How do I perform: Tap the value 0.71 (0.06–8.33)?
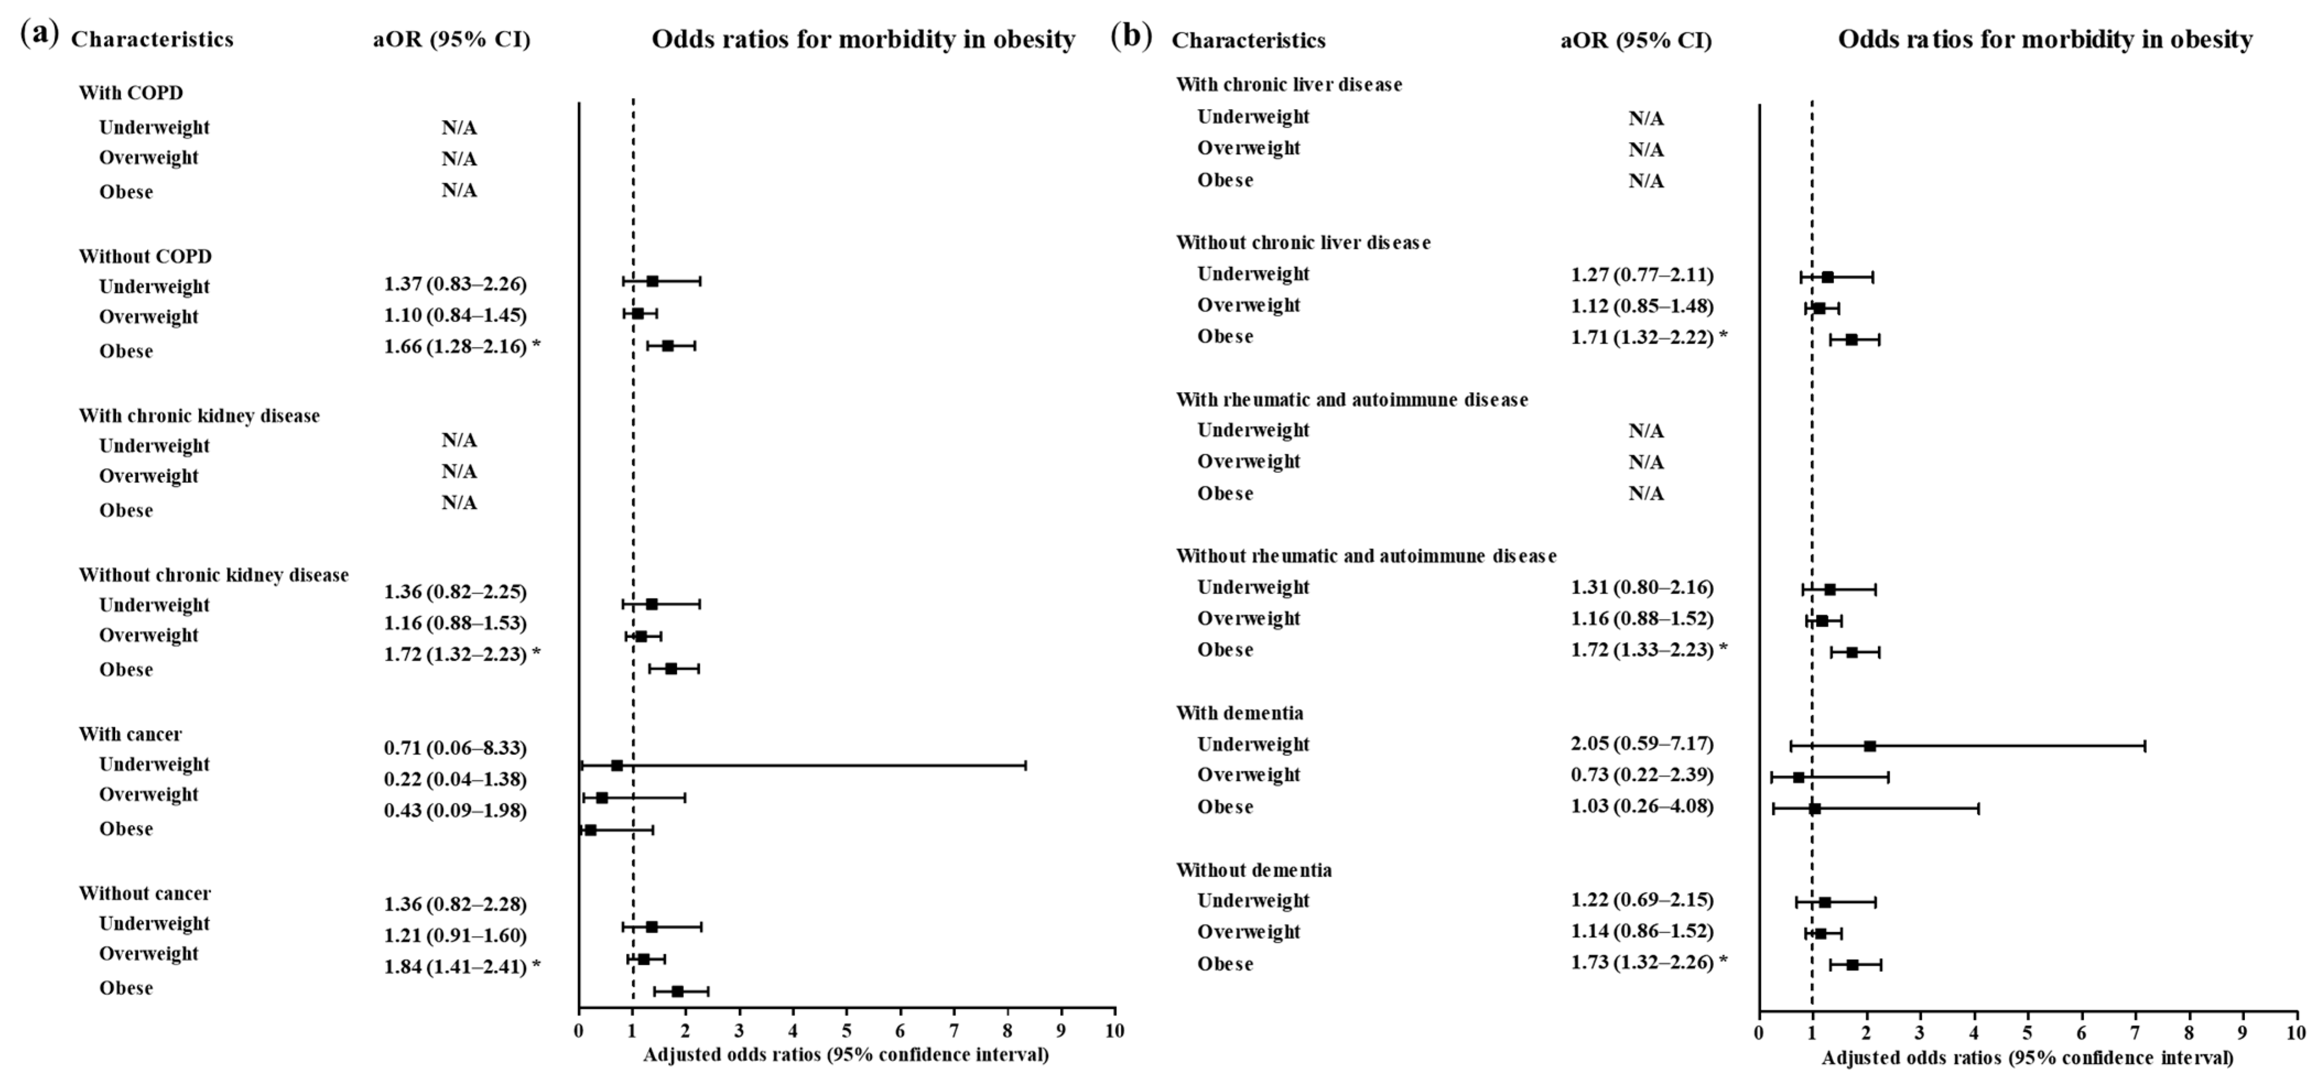click(x=455, y=748)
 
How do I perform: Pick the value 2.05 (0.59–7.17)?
click(x=1642, y=744)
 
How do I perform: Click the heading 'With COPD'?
click(x=131, y=93)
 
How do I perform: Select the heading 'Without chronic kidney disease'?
click(x=213, y=575)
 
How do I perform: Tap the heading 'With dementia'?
click(x=1239, y=713)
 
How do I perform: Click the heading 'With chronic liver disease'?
click(x=1289, y=85)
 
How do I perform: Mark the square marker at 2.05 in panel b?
click(x=1870, y=746)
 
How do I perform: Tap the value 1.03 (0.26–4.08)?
click(x=1642, y=807)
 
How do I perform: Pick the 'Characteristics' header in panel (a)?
click(x=152, y=40)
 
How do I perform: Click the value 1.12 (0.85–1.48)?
click(x=1642, y=306)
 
